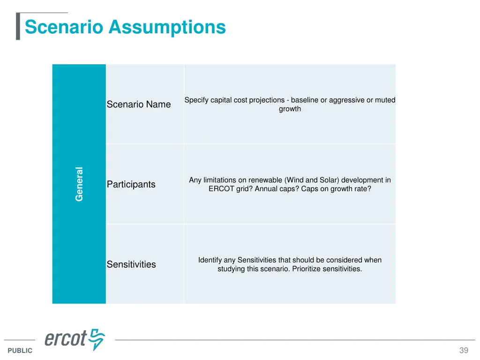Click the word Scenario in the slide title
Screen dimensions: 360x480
(64, 27)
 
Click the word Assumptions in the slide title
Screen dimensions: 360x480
(167, 27)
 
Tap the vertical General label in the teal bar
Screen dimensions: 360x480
(79, 184)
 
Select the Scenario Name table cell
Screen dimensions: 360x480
(139, 104)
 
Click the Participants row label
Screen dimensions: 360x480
(131, 184)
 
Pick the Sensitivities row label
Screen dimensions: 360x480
(131, 264)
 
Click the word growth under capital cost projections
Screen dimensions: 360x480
(290, 109)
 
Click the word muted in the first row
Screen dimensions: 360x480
(385, 100)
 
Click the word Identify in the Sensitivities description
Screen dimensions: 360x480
(210, 260)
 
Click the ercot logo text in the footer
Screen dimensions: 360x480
(66, 338)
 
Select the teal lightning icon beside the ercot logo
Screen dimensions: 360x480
(97, 339)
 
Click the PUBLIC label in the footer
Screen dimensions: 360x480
(20, 351)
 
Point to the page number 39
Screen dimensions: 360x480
(464, 351)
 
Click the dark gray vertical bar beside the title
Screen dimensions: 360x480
(18, 27)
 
